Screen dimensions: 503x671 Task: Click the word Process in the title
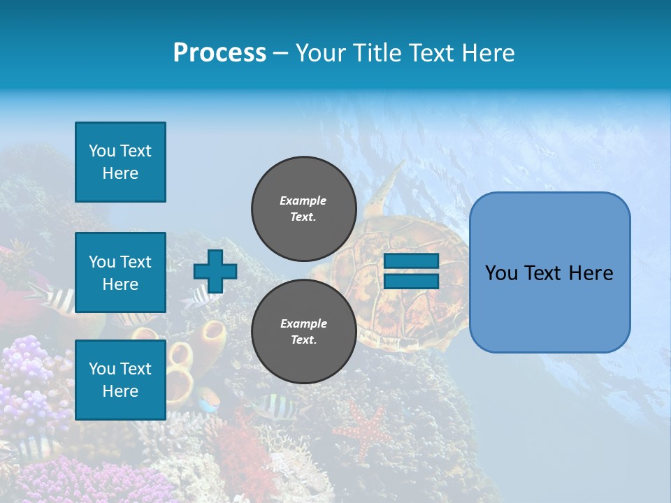pyautogui.click(x=219, y=53)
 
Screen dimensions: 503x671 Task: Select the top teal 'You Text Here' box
pyautogui.click(x=120, y=162)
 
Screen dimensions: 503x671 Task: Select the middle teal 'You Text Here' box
pyautogui.click(x=120, y=272)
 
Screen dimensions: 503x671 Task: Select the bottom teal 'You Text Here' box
pyautogui.click(x=120, y=379)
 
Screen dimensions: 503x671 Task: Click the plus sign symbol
pyautogui.click(x=215, y=271)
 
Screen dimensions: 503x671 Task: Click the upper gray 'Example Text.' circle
pyautogui.click(x=303, y=208)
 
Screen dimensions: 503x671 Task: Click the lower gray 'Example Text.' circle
pyautogui.click(x=303, y=331)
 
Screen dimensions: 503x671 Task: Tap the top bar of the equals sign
pyautogui.click(x=411, y=261)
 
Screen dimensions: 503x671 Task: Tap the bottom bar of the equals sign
pyautogui.click(x=411, y=281)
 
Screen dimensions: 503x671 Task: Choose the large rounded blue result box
pyautogui.click(x=549, y=272)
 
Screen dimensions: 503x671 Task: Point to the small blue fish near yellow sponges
pyautogui.click(x=208, y=402)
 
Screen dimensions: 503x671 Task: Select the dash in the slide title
pyautogui.click(x=281, y=53)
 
